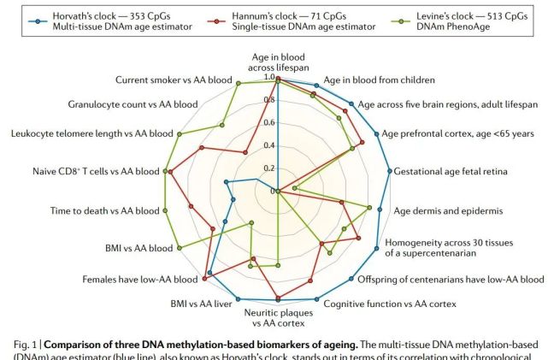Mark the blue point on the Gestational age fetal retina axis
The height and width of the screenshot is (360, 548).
click(390, 171)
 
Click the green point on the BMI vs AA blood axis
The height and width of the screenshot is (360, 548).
click(180, 249)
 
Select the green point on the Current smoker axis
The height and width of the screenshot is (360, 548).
click(239, 84)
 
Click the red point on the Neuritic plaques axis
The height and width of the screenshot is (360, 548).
click(279, 299)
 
